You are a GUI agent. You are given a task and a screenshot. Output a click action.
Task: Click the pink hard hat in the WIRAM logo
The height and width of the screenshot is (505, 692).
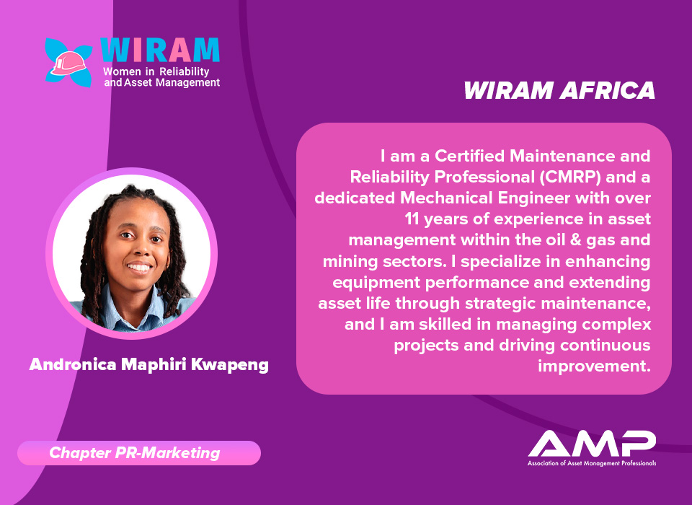[68, 63]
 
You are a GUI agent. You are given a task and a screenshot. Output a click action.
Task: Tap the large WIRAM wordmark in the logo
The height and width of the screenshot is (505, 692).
[160, 50]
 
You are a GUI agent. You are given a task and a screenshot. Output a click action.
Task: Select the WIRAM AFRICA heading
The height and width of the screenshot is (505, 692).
[559, 91]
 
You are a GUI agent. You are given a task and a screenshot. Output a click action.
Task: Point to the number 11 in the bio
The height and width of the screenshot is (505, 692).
[412, 219]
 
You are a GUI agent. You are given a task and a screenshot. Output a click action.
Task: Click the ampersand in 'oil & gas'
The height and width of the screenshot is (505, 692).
[573, 240]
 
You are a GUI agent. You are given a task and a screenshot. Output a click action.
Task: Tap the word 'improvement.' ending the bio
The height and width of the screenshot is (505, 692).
[594, 366]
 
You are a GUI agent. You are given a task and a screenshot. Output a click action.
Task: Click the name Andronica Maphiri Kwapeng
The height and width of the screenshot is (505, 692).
[148, 365]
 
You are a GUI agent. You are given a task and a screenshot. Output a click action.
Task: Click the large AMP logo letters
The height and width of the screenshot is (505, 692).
[592, 443]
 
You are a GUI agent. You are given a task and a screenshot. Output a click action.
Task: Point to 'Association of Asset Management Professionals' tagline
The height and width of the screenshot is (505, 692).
[592, 463]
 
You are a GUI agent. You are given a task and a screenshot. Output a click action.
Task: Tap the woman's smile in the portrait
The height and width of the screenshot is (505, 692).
[139, 267]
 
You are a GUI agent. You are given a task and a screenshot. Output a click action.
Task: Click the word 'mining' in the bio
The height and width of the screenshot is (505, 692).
[350, 262]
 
